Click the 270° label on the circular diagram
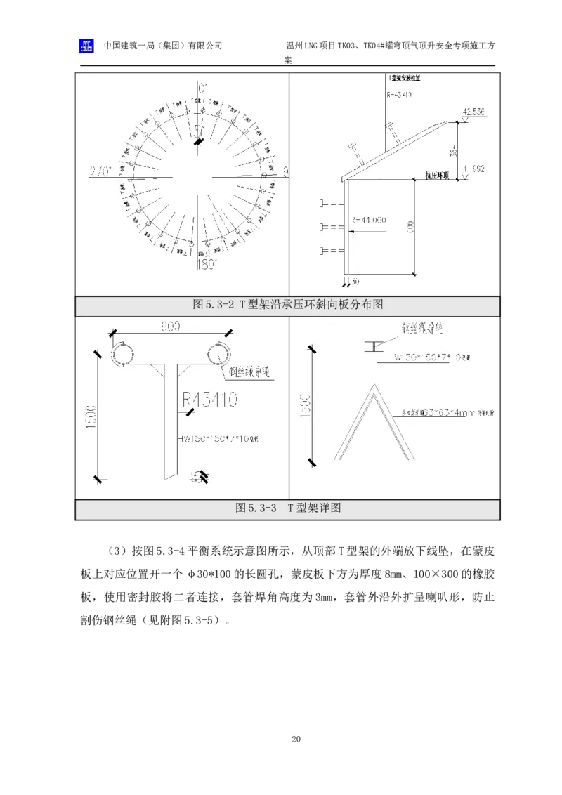click(100, 172)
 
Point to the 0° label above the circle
click(203, 89)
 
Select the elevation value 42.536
click(474, 112)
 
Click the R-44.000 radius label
click(370, 220)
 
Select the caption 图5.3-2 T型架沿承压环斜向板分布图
click(287, 305)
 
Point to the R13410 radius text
click(210, 400)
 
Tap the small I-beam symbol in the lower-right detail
click(373, 346)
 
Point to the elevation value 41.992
click(474, 169)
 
